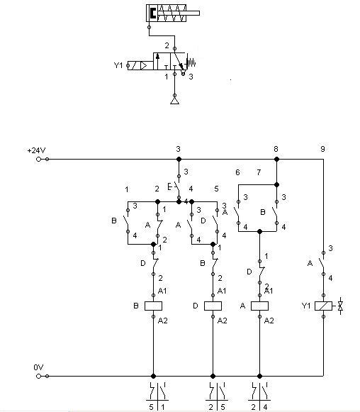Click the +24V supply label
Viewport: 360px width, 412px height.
point(37,150)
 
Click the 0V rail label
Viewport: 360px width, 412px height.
point(38,367)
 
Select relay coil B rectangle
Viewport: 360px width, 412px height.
point(153,306)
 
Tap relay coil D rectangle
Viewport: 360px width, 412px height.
point(213,306)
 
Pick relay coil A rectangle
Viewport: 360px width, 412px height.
point(259,306)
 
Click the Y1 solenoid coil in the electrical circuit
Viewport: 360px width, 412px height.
point(323,306)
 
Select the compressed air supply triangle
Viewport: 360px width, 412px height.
point(174,101)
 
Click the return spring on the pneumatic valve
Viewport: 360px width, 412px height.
point(191,63)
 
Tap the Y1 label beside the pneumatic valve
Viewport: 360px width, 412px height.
point(118,65)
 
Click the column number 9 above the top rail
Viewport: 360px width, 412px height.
point(322,149)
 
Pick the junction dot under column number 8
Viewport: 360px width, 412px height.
point(276,160)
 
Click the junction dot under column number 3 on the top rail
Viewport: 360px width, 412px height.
point(179,160)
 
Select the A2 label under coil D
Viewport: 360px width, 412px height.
point(222,321)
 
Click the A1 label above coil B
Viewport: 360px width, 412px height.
point(162,291)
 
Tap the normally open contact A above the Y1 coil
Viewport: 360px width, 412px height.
point(322,263)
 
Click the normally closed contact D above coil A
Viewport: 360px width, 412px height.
point(261,272)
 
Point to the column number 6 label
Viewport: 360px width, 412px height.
point(237,172)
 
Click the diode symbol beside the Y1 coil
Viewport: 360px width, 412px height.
point(340,306)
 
